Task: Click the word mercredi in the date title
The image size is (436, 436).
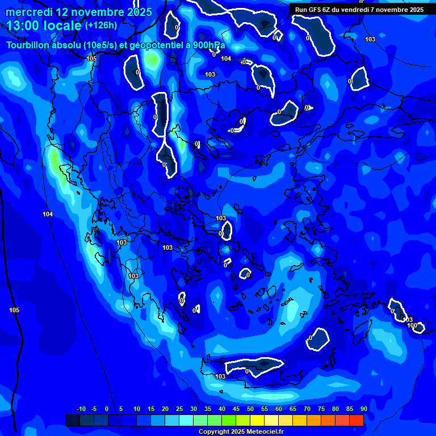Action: coord(28,12)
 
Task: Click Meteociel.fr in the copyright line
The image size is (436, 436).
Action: coord(264,432)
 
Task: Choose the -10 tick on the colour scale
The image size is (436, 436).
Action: coord(81,409)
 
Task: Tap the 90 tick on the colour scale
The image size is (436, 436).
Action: coord(363,409)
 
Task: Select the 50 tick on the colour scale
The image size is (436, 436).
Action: coord(250,409)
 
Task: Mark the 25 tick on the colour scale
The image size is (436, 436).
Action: coord(179,409)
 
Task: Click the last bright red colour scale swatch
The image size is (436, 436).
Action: coord(356,420)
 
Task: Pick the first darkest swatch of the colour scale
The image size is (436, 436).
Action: coord(72,420)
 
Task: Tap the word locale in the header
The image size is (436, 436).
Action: coord(62,26)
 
